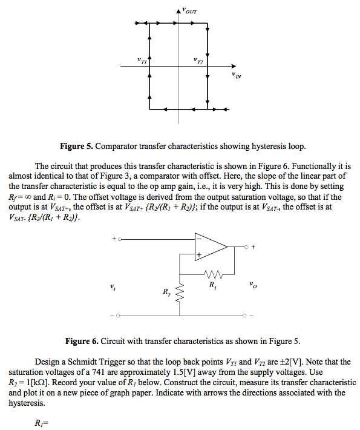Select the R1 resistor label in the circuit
pos(211,283)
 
